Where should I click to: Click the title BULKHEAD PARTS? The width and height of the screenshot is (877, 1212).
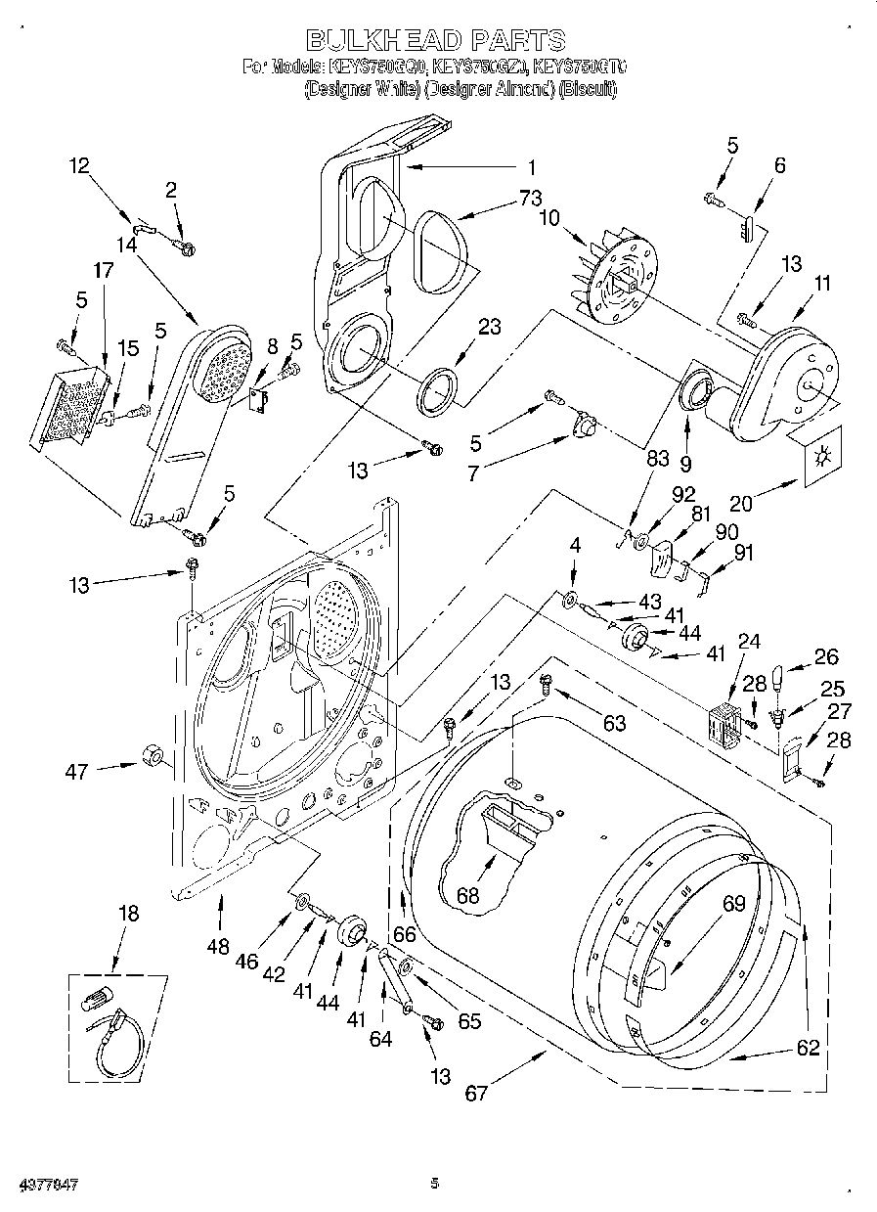[x=435, y=39]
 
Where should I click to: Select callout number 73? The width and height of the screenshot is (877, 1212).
[x=530, y=199]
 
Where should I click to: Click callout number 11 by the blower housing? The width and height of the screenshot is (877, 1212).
[x=822, y=284]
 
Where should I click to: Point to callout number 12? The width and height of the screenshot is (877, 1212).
[x=78, y=166]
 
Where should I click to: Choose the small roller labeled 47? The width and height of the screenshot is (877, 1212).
[x=150, y=756]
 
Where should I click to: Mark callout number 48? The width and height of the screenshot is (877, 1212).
[x=219, y=947]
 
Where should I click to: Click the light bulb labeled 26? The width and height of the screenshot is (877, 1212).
[x=779, y=677]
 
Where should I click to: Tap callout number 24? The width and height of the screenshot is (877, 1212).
[x=748, y=642]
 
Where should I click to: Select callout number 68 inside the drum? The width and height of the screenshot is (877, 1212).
[x=469, y=895]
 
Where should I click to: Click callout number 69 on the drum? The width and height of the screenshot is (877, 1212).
[x=733, y=905]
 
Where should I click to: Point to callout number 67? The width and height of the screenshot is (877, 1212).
[x=475, y=1093]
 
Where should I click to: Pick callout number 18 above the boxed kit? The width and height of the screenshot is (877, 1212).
[x=128, y=914]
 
